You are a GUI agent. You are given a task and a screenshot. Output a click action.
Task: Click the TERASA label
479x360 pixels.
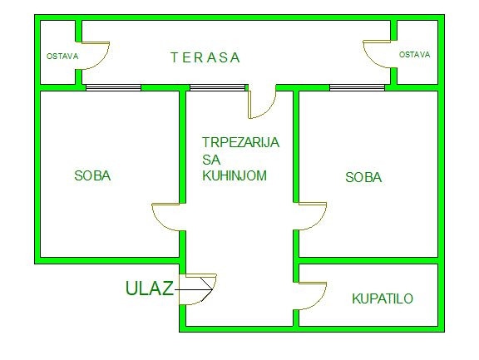205,57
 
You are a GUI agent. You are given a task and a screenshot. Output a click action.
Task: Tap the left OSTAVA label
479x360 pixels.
62,57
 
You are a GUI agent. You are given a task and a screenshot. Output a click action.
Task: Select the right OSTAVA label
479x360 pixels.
414,55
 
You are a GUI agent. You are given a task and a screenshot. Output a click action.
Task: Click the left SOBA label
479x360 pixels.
92,175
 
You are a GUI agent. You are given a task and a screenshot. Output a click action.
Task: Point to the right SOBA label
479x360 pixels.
363,177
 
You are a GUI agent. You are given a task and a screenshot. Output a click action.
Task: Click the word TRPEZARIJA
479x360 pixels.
240,142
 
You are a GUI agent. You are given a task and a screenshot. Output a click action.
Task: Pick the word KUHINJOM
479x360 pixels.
235,175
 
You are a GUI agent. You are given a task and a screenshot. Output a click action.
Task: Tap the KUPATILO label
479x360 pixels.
383,298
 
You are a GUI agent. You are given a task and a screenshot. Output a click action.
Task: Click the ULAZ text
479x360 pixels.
150,288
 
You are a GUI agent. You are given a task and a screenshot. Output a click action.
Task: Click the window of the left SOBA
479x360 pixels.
113,87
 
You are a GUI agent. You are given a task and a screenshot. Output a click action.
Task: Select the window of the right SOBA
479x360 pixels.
357,87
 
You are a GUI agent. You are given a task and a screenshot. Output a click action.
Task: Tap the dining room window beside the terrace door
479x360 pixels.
218,87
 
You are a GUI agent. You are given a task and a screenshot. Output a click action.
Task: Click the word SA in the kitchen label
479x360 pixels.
211,160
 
